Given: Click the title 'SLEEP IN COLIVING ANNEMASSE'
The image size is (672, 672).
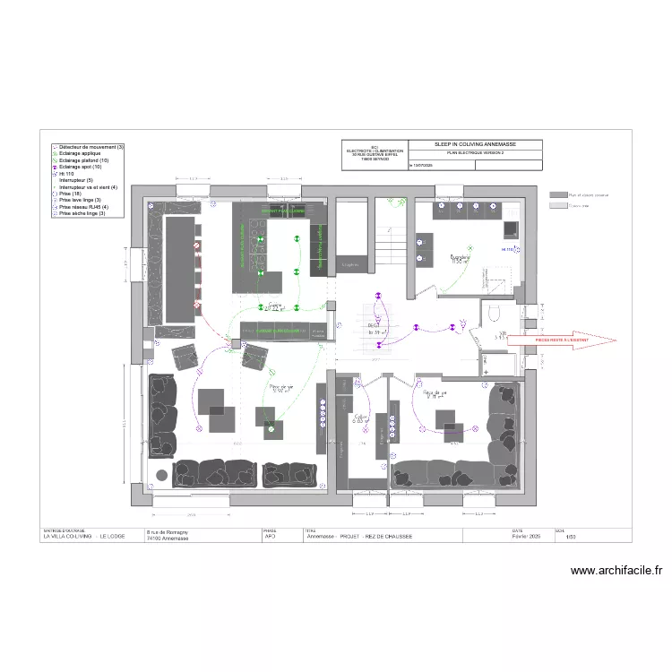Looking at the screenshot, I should [475, 144].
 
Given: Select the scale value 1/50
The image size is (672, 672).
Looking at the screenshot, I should [560, 538].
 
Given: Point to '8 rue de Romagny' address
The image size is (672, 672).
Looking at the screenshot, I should [168, 532].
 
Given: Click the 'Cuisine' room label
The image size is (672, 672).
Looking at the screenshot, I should [274, 306].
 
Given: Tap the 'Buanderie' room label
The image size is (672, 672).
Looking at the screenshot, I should [459, 258].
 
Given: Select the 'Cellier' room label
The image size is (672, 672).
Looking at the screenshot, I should [361, 418].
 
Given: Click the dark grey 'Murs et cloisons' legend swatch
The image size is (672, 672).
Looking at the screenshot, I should [558, 194].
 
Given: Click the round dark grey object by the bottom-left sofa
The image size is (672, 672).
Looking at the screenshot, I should [161, 474].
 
